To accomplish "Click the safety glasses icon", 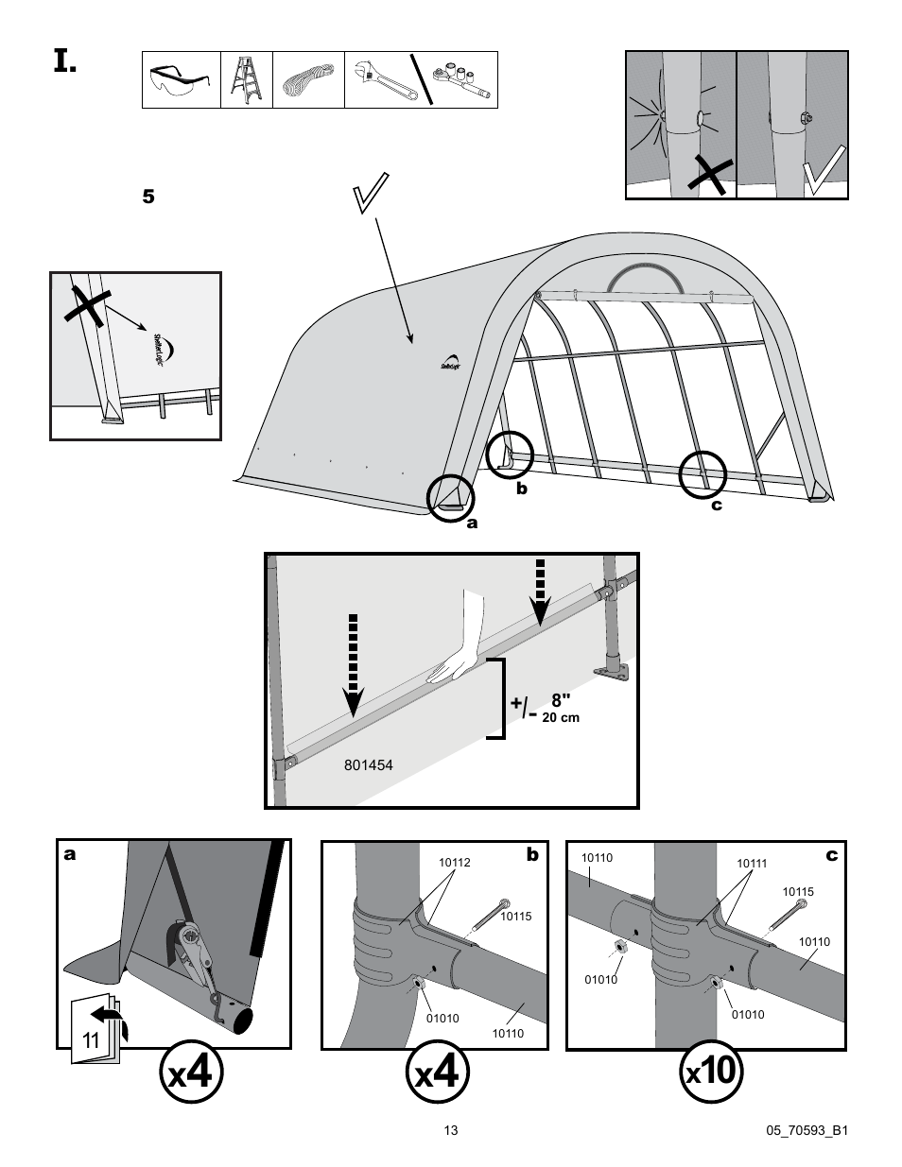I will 180,80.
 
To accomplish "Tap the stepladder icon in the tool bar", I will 246,80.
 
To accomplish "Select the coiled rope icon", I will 308,80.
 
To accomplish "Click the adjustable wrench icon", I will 384,80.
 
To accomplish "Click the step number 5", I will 147,197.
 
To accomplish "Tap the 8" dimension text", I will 562,700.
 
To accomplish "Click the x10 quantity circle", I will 712,1072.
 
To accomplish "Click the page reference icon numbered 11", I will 95,1034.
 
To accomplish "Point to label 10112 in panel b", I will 454,863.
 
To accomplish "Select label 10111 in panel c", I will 751,864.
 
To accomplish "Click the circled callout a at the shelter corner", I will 451,498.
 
